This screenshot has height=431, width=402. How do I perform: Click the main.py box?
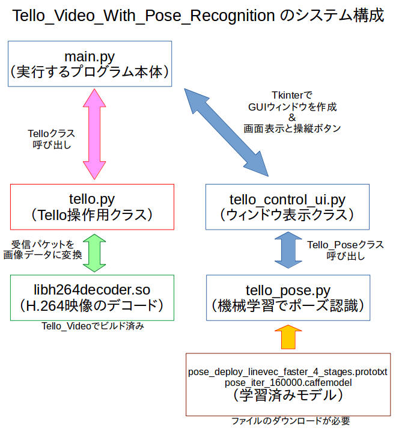pyautogui.click(x=90, y=64)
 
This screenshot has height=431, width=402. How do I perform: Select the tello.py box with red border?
pyautogui.click(x=92, y=206)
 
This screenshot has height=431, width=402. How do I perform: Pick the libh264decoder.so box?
pyautogui.click(x=92, y=298)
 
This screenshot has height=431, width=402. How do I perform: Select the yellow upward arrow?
pyautogui.click(x=287, y=338)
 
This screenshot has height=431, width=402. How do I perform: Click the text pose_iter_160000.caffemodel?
pyautogui.click(x=288, y=382)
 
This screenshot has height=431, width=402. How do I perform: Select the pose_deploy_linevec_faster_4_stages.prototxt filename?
pyautogui.click(x=288, y=372)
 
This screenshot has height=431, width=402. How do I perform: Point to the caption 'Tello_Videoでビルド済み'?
pyautogui.click(x=92, y=326)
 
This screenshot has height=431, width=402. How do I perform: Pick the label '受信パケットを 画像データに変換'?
pyautogui.click(x=43, y=250)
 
